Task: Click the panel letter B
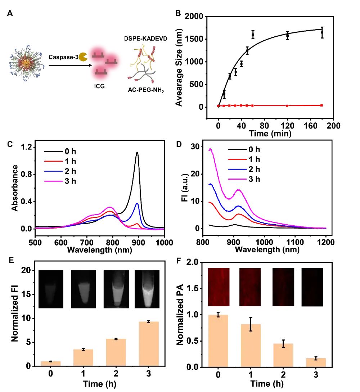click(x=177, y=13)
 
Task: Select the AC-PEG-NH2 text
click(x=147, y=90)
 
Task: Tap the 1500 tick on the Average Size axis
click(x=197, y=39)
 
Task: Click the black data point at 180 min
click(x=322, y=33)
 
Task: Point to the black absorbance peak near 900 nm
click(x=137, y=153)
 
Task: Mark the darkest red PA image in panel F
click(x=312, y=287)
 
